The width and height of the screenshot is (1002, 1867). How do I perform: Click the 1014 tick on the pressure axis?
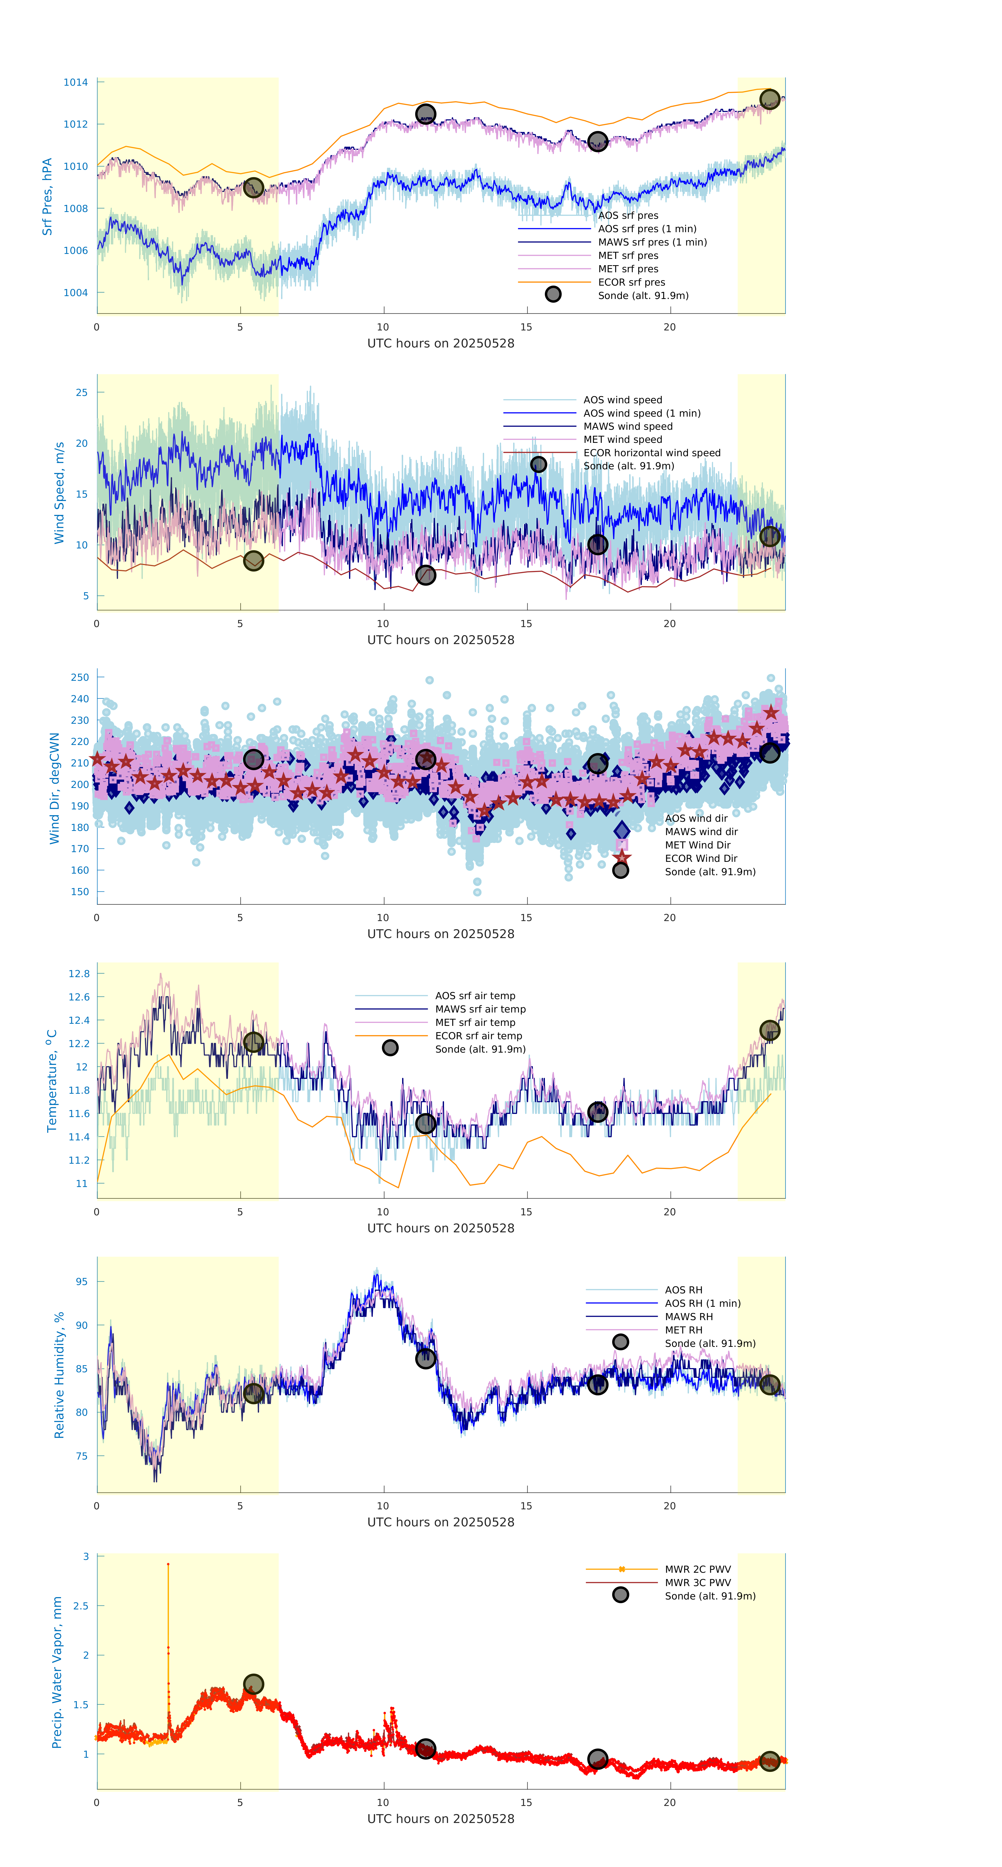click(x=75, y=83)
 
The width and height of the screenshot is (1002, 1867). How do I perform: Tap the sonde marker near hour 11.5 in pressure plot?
click(x=425, y=114)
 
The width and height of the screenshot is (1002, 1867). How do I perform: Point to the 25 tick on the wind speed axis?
click(x=81, y=393)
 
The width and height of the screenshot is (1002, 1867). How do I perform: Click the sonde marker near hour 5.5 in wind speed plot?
click(x=253, y=561)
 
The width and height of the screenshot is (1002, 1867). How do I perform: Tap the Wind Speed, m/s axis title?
click(x=59, y=493)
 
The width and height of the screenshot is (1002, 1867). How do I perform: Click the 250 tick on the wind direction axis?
click(x=80, y=678)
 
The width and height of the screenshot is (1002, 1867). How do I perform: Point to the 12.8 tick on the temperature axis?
click(x=79, y=973)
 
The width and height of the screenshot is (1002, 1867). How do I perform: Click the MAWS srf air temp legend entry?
click(x=480, y=1009)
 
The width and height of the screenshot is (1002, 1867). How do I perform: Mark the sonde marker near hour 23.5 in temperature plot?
click(x=769, y=1031)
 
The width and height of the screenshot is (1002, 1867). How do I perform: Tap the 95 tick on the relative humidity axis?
click(x=81, y=1281)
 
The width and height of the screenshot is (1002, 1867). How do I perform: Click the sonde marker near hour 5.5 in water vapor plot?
click(x=253, y=1684)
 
